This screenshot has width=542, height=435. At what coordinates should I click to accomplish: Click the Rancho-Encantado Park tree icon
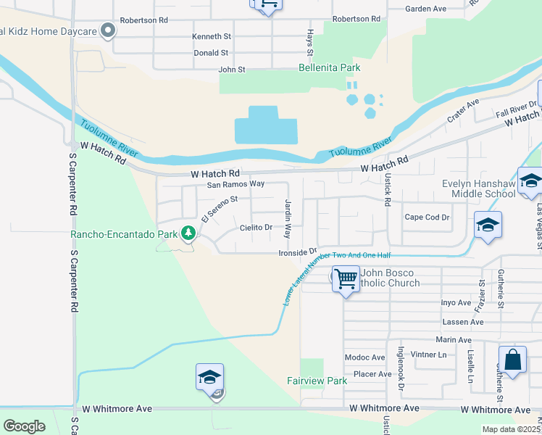(x=188, y=233)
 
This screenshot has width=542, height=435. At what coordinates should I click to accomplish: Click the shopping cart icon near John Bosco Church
(x=346, y=278)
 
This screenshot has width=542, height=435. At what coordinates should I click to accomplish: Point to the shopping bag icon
(x=512, y=360)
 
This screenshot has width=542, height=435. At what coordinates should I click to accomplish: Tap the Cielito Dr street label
(x=256, y=228)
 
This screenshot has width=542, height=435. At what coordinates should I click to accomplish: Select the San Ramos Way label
(x=235, y=185)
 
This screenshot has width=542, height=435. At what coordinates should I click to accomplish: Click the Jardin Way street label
(x=288, y=219)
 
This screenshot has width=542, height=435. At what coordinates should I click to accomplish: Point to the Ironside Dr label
(x=299, y=253)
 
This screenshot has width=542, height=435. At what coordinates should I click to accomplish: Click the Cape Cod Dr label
(x=428, y=217)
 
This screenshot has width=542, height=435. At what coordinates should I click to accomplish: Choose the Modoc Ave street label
(x=364, y=357)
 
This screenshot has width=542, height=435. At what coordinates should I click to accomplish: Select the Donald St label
(x=211, y=53)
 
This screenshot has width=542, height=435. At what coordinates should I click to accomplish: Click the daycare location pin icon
(x=109, y=30)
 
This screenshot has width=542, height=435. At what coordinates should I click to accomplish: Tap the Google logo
(x=24, y=426)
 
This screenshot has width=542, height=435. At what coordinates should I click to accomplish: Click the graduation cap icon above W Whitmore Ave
(x=209, y=378)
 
